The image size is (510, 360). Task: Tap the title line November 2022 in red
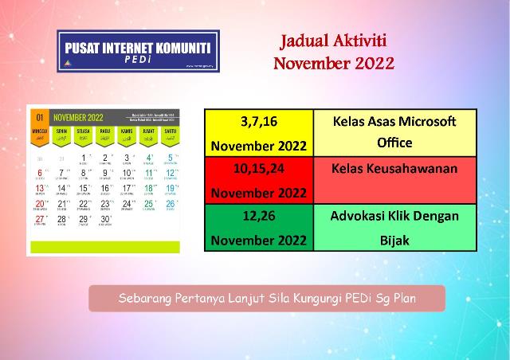(x=333, y=64)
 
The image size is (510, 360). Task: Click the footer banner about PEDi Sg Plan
(x=266, y=299)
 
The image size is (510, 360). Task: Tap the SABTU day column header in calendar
(x=169, y=132)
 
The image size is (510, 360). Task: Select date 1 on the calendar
(x=83, y=158)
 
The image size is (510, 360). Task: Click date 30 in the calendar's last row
(x=104, y=218)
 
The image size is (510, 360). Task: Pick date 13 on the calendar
(x=40, y=188)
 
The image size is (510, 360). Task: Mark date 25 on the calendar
(x=147, y=203)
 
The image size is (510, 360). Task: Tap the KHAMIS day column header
(x=126, y=132)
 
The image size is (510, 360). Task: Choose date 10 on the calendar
(x=126, y=173)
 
